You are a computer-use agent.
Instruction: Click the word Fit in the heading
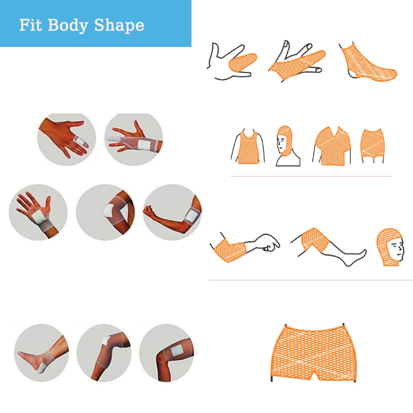coord(30,25)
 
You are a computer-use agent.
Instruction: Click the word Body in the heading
coord(68,25)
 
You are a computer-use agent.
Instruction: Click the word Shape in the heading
coord(119,25)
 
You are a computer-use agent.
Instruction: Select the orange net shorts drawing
coord(313,353)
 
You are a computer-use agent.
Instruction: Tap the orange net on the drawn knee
coord(314,240)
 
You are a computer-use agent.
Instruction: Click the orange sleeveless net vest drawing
coord(248,148)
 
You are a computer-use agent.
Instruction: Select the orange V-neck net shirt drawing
coord(333,146)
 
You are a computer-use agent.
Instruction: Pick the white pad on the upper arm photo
coord(192,213)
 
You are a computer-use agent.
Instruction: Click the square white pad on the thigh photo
coord(177,351)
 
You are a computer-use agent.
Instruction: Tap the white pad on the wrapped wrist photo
coord(144,145)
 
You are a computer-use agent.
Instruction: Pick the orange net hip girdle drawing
coord(372,143)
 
